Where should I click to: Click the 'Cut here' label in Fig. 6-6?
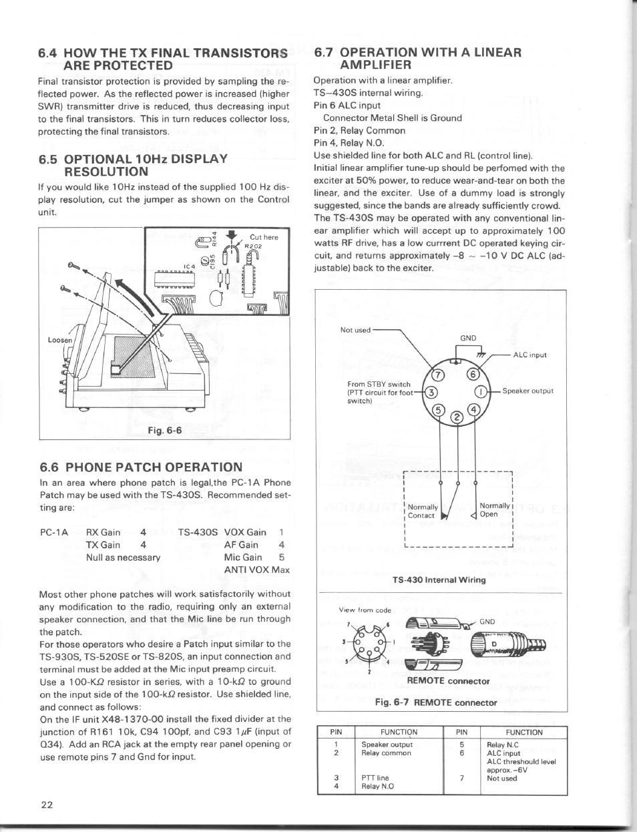tap(263, 237)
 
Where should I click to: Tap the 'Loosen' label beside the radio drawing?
tap(59, 340)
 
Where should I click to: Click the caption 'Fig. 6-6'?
tap(165, 431)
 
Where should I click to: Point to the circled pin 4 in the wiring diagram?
tap(473, 409)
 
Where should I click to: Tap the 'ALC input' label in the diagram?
tap(529, 355)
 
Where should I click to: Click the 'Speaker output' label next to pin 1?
tap(527, 391)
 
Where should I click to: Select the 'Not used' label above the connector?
tap(355, 330)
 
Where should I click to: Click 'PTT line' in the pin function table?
tap(375, 778)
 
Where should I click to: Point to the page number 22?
tap(46, 804)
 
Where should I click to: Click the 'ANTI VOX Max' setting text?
tap(257, 570)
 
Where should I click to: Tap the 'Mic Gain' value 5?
tap(282, 558)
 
